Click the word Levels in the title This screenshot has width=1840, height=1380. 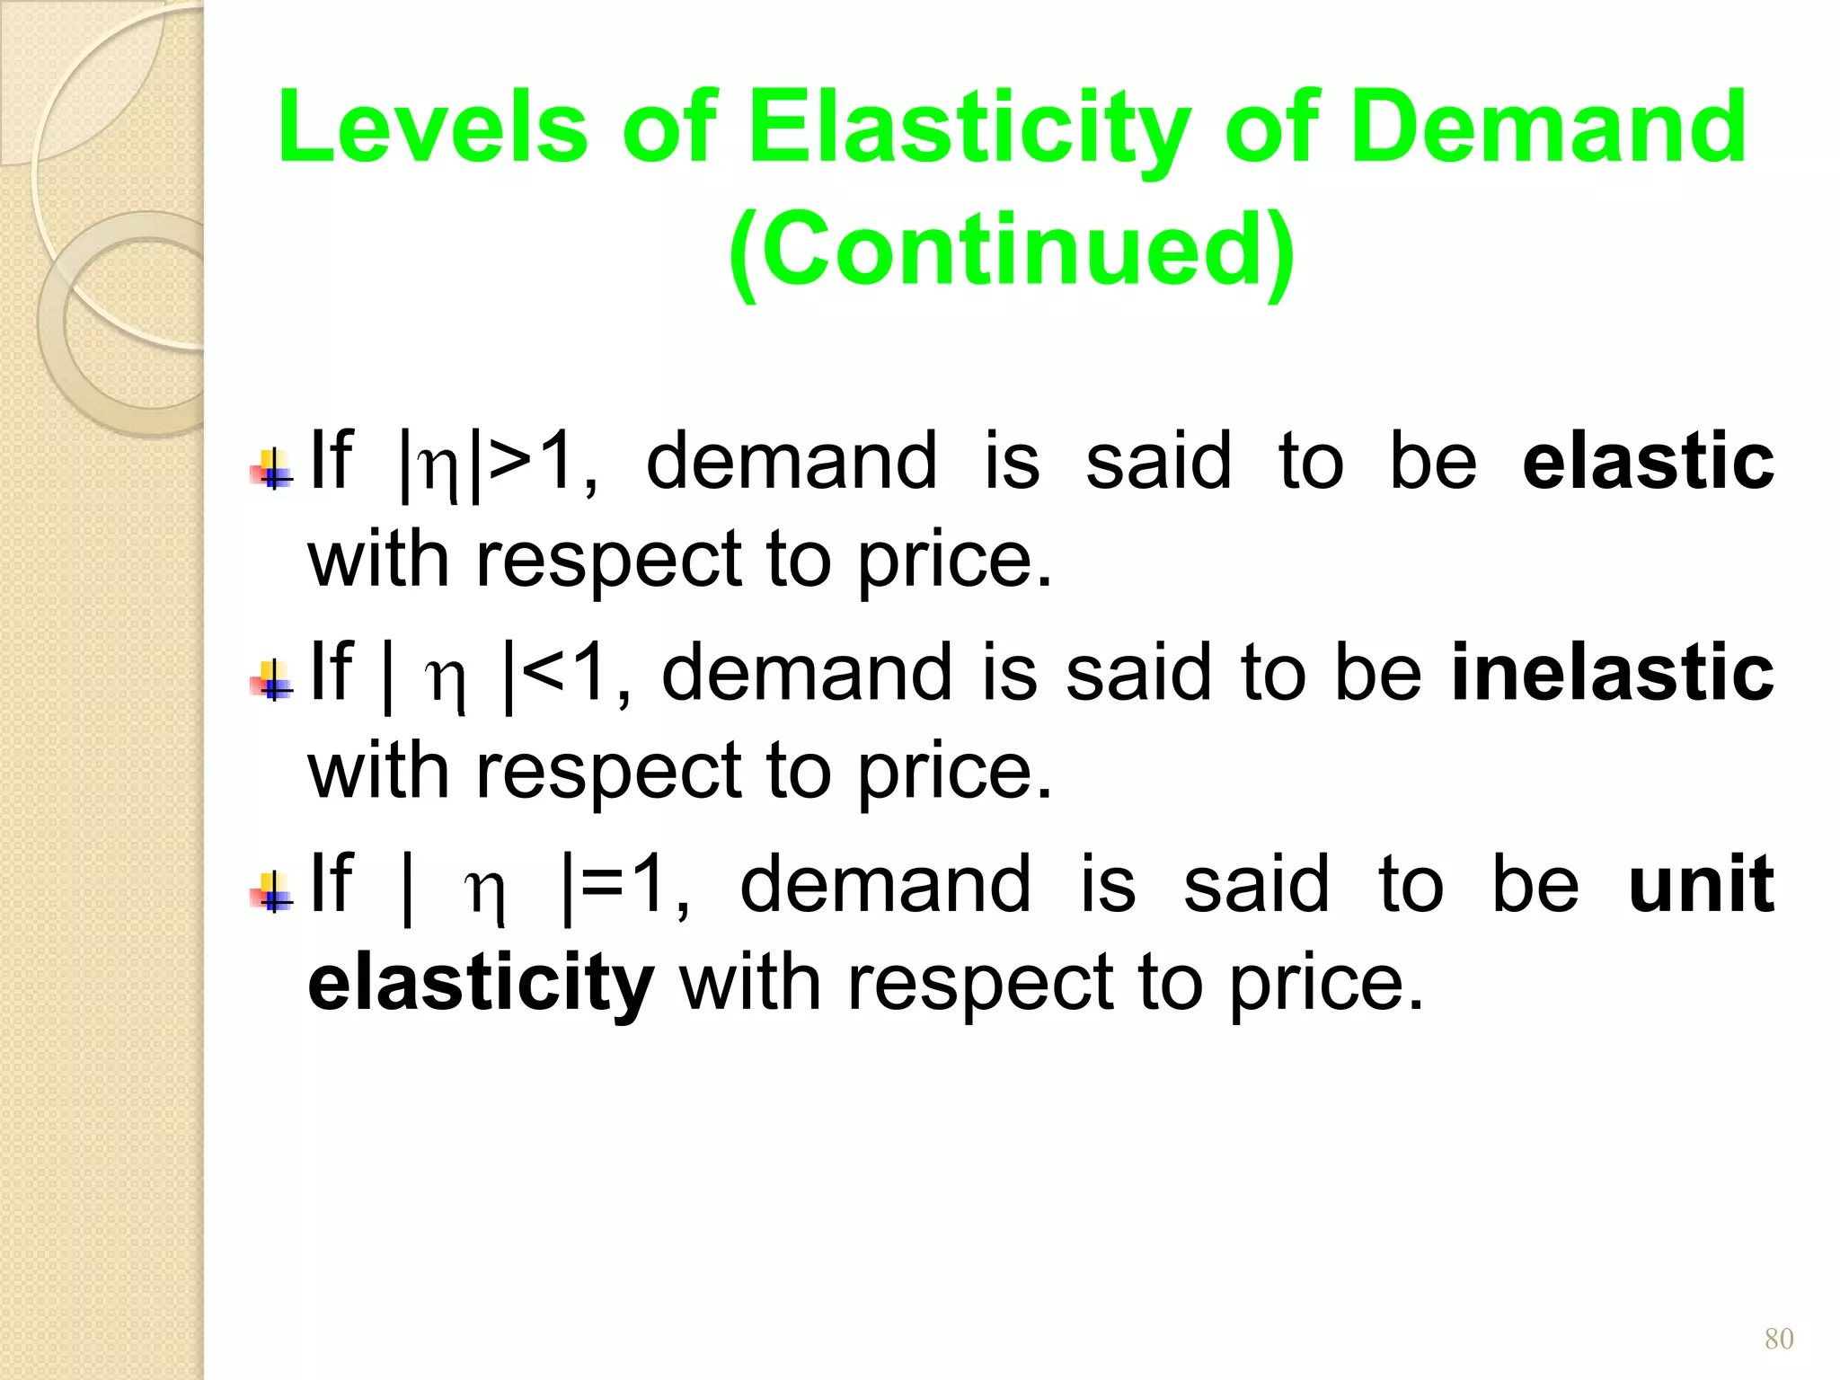point(432,128)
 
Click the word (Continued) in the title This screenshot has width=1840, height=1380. point(1012,251)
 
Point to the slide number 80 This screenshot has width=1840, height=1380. point(1779,1339)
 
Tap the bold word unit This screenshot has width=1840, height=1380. point(1701,884)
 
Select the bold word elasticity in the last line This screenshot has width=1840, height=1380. point(481,983)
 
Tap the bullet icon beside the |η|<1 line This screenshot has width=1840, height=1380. point(272,681)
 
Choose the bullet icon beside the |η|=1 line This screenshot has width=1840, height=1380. point(272,892)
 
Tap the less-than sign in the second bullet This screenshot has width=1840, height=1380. point(544,674)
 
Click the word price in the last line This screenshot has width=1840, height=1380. point(1325,985)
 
